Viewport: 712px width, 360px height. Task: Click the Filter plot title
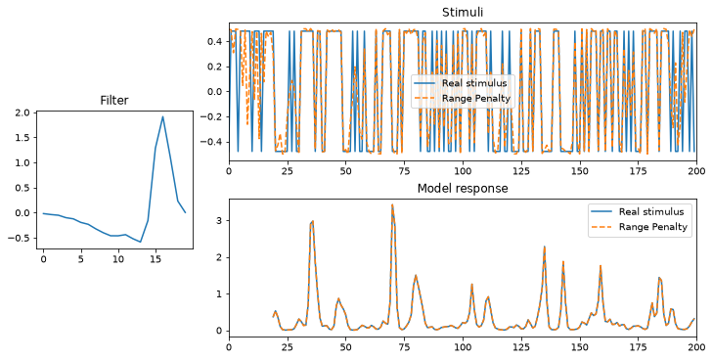pos(114,101)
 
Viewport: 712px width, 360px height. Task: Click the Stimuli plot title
pos(463,13)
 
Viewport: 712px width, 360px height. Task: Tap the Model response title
pos(463,189)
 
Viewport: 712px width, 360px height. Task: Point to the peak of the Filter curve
pos(162,116)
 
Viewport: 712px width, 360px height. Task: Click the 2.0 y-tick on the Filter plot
pos(24,112)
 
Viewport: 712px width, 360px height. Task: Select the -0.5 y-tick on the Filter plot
pos(22,238)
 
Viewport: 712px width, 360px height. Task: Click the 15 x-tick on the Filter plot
pos(156,258)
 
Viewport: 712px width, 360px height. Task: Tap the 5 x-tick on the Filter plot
pos(81,258)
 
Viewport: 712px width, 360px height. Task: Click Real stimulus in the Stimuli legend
pos(473,83)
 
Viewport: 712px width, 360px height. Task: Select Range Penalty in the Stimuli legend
pos(476,99)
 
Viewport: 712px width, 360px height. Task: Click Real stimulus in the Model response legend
pos(651,212)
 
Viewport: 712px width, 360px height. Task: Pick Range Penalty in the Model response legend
pos(653,227)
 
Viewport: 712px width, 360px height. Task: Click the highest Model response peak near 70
pos(392,204)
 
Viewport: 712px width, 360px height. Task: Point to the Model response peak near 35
pos(312,221)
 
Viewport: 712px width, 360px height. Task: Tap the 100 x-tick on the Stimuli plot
pos(463,171)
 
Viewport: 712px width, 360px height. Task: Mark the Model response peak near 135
pos(544,247)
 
